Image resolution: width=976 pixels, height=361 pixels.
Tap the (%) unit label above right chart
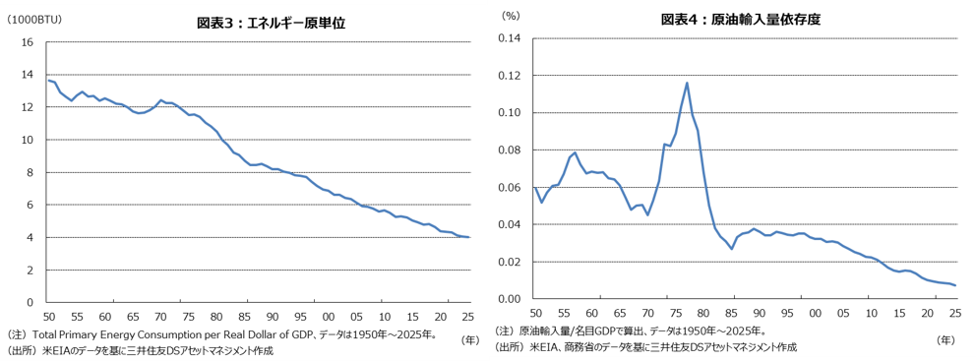(x=511, y=16)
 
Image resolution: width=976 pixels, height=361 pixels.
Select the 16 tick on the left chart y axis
(x=28, y=42)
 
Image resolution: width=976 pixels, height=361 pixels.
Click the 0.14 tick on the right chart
(x=509, y=38)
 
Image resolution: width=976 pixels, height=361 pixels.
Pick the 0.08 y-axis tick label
(x=509, y=150)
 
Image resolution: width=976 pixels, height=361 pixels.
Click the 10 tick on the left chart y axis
(x=28, y=140)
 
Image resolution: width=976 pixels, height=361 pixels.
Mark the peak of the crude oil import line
(x=686, y=83)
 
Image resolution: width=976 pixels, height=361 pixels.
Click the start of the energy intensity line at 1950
(x=48, y=80)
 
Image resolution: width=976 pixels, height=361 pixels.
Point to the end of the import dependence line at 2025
(x=954, y=285)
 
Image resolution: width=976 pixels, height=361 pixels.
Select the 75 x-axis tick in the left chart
(x=189, y=315)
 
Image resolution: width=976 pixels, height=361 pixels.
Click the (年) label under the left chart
(x=471, y=338)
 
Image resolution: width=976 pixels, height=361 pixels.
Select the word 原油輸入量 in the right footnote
(x=542, y=331)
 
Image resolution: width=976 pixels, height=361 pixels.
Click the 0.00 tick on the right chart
(x=509, y=299)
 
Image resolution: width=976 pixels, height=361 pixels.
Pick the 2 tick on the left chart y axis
(x=30, y=270)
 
